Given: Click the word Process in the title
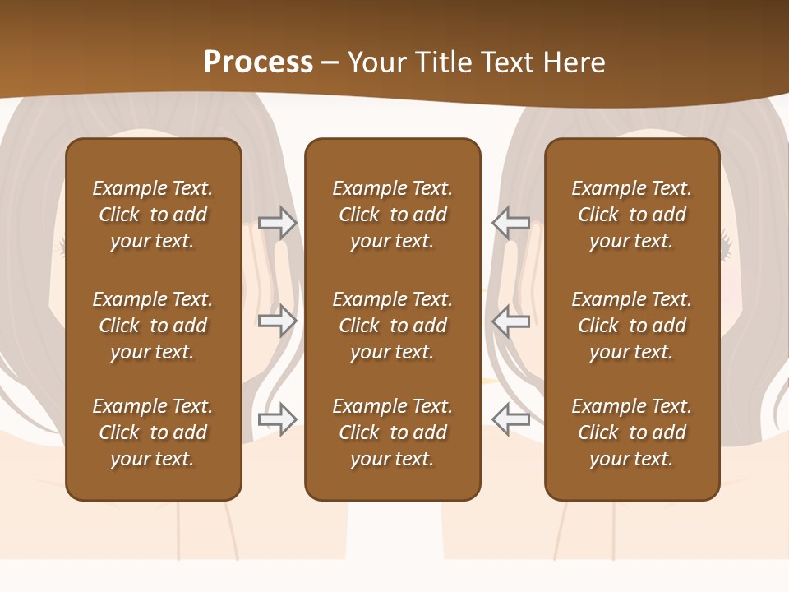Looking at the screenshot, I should pos(258,62).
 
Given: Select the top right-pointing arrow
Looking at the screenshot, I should pos(278,222).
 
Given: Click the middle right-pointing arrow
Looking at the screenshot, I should pos(278,320).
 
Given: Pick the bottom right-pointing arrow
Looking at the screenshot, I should pos(278,419).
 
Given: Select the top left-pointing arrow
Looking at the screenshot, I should pos(510,222).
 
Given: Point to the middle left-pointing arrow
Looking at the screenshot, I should pos(510,320).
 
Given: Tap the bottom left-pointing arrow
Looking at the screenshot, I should pos(510,419).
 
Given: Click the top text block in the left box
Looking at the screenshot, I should pos(153,215).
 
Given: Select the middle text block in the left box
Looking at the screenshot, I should pos(153,326).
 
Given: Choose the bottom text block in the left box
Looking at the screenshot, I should pos(153,432).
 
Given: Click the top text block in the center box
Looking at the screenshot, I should pos(392,215).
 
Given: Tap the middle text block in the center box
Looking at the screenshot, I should pos(392,326).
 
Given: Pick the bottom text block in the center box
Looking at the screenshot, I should pos(392,432).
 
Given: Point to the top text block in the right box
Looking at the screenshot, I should pos(631,215).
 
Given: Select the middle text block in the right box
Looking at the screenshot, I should pos(631,326).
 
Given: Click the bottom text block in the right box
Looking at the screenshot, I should pos(631,432).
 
